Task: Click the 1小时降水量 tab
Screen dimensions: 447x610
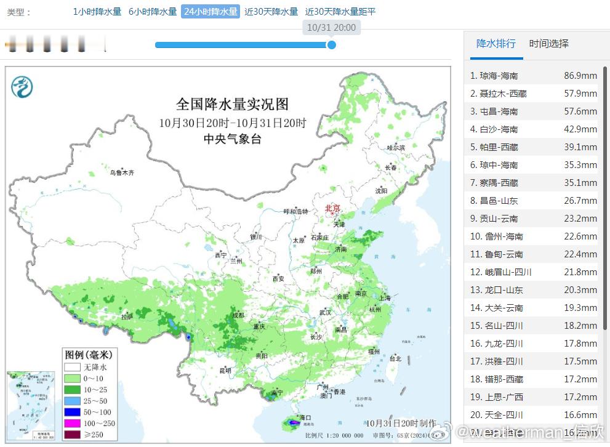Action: (97, 12)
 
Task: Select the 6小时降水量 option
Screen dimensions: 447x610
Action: (153, 12)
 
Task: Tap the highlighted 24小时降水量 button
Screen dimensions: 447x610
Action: (210, 12)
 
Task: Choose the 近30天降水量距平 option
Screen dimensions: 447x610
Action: (340, 12)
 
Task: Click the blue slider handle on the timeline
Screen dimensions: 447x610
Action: (331, 44)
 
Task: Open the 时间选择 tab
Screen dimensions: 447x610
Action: (548, 44)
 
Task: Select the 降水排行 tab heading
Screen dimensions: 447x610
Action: (496, 44)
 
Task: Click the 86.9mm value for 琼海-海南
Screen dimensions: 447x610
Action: (580, 76)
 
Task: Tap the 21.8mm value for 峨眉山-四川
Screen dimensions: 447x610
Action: (580, 272)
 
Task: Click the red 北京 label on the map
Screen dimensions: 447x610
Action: (332, 209)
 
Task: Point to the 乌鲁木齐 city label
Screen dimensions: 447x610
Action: (122, 173)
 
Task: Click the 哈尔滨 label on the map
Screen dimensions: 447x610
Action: (396, 148)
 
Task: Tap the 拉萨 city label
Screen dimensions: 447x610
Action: (127, 316)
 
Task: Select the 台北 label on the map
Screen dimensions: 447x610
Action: (395, 358)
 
